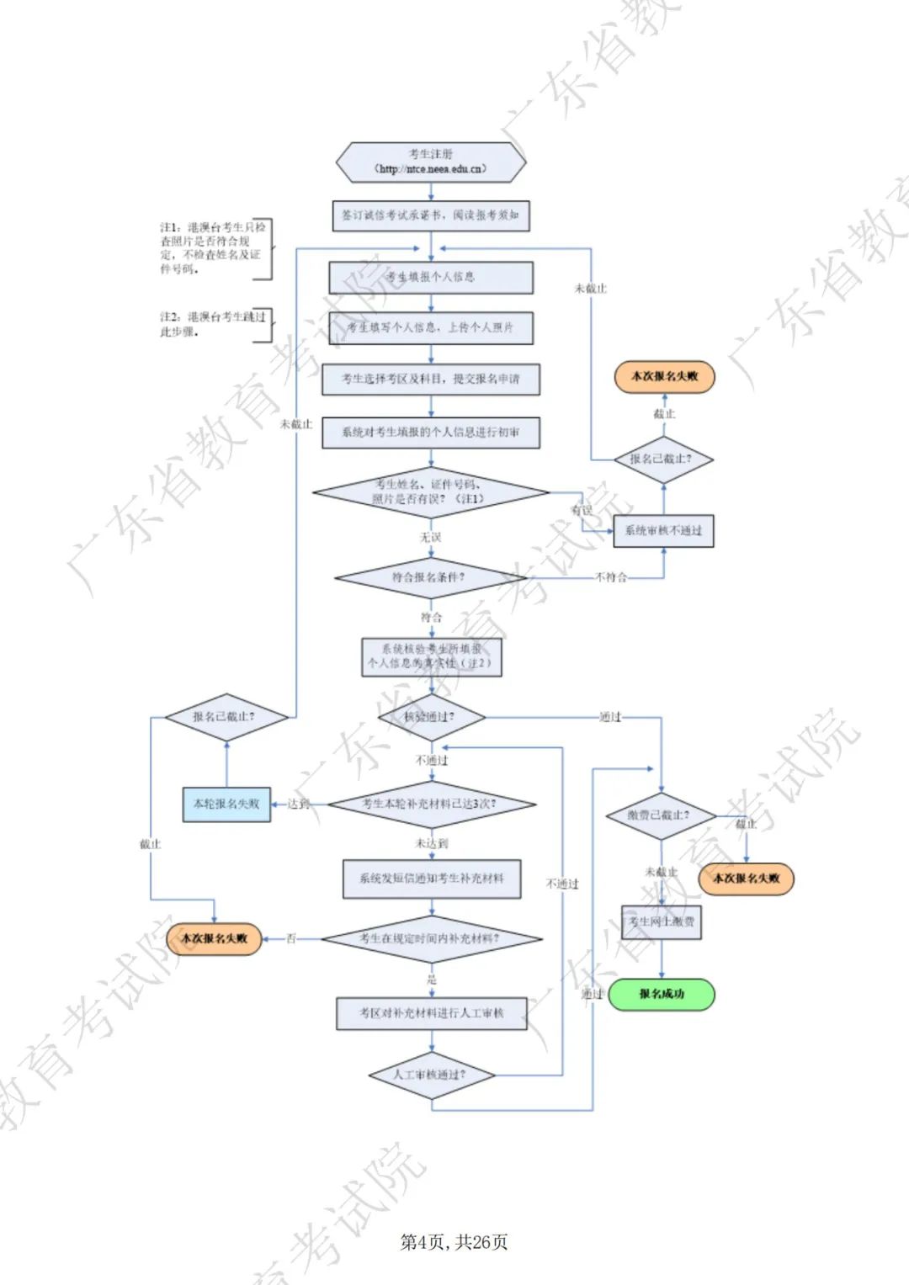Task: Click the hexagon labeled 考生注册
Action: [431, 162]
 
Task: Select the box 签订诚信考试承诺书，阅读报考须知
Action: [431, 215]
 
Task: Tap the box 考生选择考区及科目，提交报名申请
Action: [431, 379]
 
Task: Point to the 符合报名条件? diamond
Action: [429, 578]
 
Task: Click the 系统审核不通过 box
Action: [663, 531]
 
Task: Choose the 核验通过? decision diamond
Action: [432, 718]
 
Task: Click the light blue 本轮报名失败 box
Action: [226, 804]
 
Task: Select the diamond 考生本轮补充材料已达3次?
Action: [431, 804]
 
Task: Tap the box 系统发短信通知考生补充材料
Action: [432, 879]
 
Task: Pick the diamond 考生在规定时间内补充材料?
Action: [431, 939]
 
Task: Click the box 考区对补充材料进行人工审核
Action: [432, 1013]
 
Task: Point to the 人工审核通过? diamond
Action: [431, 1075]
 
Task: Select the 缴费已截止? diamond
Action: [661, 815]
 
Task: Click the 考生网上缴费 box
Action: [662, 922]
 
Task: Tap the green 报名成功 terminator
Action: [662, 994]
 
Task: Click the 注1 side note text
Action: [212, 248]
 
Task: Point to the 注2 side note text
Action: [212, 324]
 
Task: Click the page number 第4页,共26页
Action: [454, 1242]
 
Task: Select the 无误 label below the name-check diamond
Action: [431, 537]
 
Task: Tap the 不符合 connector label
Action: [611, 577]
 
